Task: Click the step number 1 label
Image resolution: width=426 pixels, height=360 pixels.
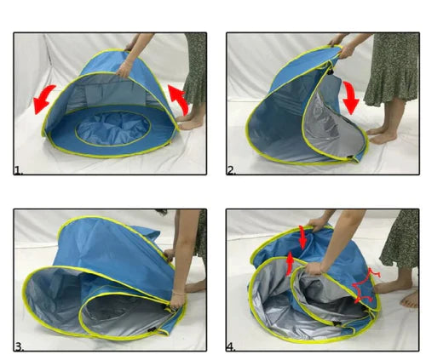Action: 19,171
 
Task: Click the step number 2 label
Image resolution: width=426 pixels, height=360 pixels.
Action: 232,171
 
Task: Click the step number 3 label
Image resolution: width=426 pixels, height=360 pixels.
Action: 19,347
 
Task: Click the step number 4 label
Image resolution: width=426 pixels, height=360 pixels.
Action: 231,347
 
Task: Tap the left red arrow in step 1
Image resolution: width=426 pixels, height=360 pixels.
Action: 43,98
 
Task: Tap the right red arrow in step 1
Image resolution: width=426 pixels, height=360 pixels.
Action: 180,100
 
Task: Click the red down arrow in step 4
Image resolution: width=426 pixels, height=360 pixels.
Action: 302,237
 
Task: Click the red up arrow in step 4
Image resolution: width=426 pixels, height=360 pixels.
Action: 290,264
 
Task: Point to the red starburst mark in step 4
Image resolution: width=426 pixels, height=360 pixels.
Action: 365,287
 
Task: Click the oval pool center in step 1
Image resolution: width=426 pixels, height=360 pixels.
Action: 113,129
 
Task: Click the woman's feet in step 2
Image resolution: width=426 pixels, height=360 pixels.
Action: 381,134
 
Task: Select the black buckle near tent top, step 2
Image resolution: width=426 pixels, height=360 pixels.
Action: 331,71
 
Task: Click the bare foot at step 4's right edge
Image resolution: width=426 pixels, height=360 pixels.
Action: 409,300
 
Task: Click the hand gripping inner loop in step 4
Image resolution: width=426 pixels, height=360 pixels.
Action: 314,269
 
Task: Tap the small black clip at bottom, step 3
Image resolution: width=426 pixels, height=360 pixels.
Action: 152,329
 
